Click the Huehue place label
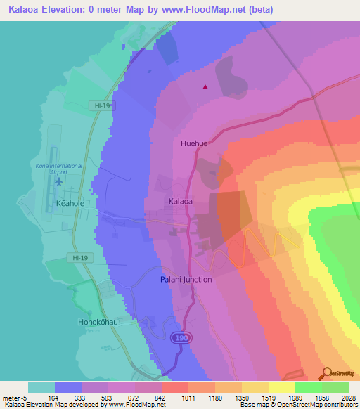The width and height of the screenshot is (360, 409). point(194,143)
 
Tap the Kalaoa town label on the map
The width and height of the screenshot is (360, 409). point(181,201)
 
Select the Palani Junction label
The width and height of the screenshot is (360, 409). point(185,279)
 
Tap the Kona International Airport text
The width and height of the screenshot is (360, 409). point(58,169)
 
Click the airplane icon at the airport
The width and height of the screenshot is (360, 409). point(58,182)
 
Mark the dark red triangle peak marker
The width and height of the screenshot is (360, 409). point(205,88)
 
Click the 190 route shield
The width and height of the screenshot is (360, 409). point(179,338)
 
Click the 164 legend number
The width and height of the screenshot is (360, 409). point(53,397)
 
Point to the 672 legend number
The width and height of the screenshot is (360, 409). point(131,397)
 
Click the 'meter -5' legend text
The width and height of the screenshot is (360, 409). point(13,397)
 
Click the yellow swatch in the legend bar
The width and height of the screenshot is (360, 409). point(281,387)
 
